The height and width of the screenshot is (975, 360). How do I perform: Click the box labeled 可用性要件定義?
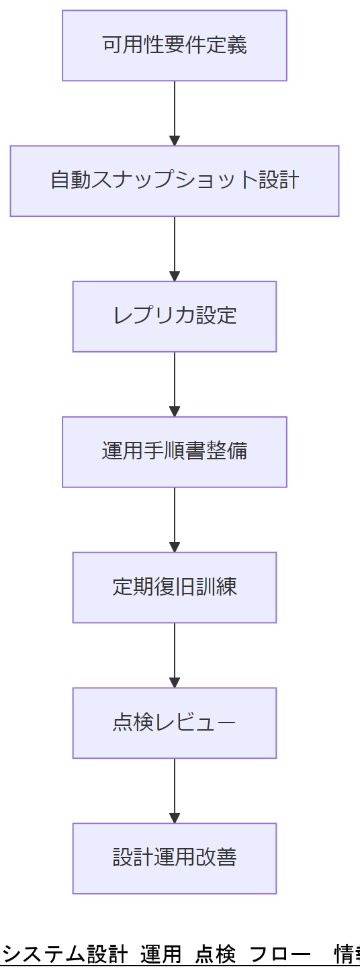tap(175, 46)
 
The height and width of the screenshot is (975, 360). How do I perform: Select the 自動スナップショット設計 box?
tap(175, 181)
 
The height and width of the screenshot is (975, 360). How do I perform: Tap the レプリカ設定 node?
tap(175, 316)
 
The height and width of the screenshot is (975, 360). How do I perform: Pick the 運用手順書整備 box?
tap(175, 452)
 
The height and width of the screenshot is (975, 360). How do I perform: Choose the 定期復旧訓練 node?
tap(175, 588)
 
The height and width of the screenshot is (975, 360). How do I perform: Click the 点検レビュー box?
tap(175, 723)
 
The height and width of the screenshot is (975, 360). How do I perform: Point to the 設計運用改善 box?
tap(175, 858)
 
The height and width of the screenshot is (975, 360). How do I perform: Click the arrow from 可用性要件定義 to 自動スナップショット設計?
tap(175, 111)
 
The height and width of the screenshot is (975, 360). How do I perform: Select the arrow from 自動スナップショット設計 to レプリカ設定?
tap(175, 246)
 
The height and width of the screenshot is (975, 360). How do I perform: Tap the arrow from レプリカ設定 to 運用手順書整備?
tap(175, 382)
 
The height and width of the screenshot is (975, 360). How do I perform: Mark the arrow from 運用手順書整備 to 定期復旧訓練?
tap(175, 518)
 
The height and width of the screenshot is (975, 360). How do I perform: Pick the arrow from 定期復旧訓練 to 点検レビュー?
tap(175, 653)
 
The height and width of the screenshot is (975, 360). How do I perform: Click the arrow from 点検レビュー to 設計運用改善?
tap(175, 788)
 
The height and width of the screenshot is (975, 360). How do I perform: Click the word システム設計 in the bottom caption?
tap(65, 954)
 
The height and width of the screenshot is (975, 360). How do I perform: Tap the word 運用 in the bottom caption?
tap(161, 954)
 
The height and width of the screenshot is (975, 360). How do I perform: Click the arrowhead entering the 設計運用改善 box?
tap(175, 818)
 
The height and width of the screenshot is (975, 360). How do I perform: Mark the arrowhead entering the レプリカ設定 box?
tap(175, 276)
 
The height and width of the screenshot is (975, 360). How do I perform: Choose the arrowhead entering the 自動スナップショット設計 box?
tap(175, 140)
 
